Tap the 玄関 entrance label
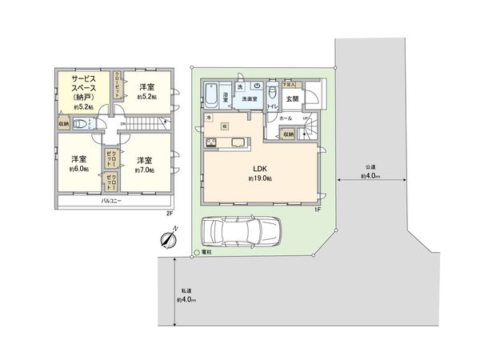click(x=293, y=99)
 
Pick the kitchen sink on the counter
click(x=237, y=144)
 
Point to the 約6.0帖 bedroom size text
click(x=79, y=169)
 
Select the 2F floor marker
click(x=169, y=213)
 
